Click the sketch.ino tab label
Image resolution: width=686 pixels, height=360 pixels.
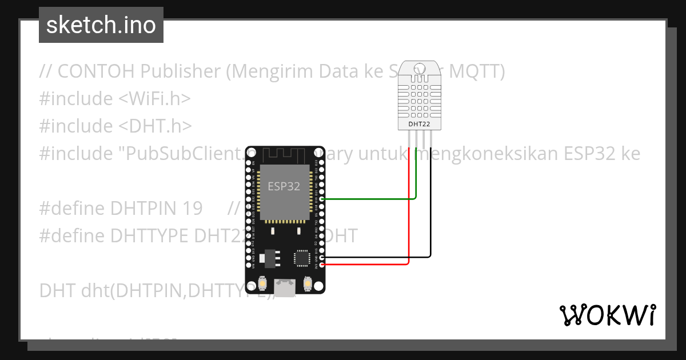[x=101, y=25]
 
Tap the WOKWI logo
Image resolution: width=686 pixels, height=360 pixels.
[x=607, y=315]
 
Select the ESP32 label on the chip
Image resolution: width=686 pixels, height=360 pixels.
[x=284, y=186]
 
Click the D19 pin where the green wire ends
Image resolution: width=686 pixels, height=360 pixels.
[x=322, y=199]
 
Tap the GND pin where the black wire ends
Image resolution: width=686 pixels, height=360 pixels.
[x=322, y=258]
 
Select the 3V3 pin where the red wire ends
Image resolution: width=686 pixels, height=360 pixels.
[x=322, y=265]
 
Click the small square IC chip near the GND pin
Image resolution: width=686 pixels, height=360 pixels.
[x=301, y=258]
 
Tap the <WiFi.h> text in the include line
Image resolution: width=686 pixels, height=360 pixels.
[x=154, y=99]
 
